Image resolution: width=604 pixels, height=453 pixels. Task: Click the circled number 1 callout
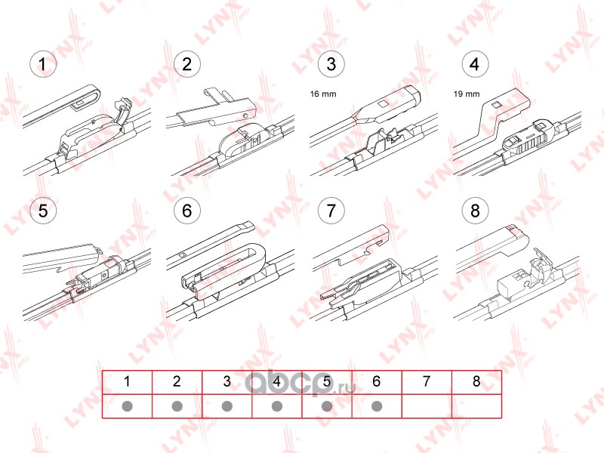[43, 64]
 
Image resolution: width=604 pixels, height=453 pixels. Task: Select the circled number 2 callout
[186, 64]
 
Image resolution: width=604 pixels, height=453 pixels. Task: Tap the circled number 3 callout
[331, 64]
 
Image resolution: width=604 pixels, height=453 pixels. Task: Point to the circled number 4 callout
[475, 64]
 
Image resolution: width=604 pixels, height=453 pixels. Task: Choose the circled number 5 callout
[43, 211]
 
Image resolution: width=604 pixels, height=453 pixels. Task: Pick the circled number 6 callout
[186, 211]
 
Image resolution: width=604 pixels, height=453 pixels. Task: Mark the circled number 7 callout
[331, 211]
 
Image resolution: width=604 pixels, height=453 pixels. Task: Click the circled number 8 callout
[475, 211]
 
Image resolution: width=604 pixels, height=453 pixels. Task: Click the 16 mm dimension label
[323, 94]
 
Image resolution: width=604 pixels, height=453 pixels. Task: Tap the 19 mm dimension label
[467, 94]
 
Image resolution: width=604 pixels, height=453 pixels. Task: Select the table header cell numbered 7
[427, 382]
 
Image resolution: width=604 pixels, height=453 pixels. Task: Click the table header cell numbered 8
[476, 382]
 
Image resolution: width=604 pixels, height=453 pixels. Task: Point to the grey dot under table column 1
[127, 406]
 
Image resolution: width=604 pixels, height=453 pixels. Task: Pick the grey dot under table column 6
[377, 406]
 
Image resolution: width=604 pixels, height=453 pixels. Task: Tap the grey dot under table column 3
[227, 406]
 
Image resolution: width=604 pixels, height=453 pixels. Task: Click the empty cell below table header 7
[427, 406]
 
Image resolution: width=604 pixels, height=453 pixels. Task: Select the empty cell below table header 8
[476, 406]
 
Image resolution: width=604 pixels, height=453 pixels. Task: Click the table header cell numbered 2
[177, 382]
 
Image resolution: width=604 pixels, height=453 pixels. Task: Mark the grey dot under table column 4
[276, 406]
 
